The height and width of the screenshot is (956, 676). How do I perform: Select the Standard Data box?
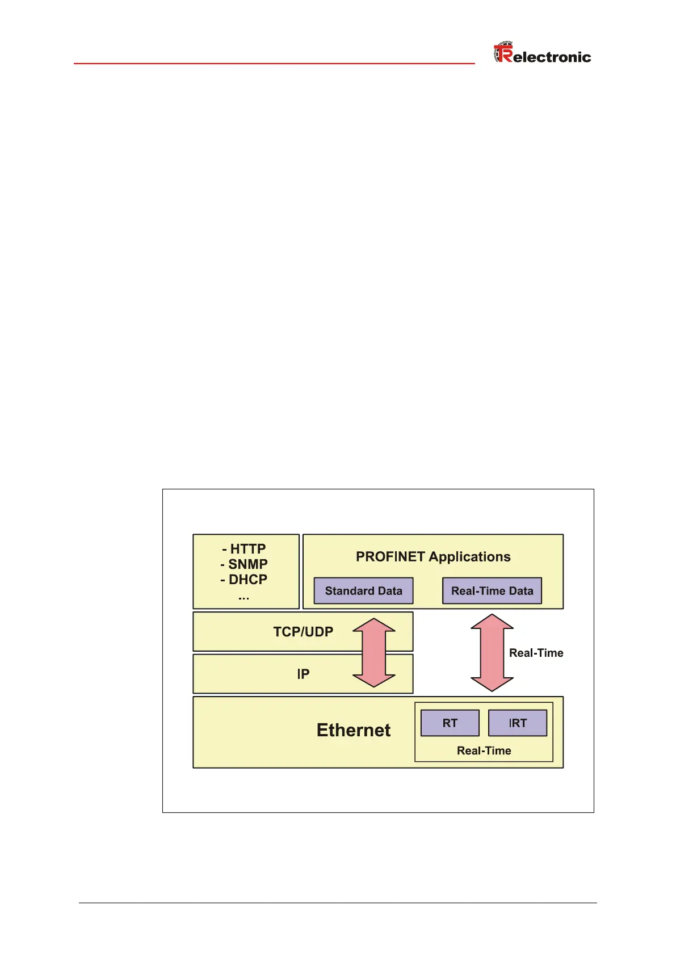tap(363, 591)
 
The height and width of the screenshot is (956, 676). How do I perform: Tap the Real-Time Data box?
tap(492, 591)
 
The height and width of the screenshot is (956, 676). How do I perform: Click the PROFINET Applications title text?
tap(433, 557)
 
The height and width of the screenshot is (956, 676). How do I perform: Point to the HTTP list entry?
tap(244, 549)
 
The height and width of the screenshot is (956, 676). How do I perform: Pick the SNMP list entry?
tap(244, 564)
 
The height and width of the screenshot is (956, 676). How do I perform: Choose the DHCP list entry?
tap(244, 580)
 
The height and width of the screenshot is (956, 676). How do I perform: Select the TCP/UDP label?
tap(303, 632)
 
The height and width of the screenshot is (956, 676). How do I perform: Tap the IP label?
tap(303, 674)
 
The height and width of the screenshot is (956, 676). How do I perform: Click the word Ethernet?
tap(353, 730)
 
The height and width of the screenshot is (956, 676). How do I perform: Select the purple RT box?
tap(450, 723)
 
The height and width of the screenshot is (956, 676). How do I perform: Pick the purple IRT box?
tap(517, 723)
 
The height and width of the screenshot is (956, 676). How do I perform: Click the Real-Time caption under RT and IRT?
tap(484, 750)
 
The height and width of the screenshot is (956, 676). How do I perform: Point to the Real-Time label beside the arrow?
tap(536, 653)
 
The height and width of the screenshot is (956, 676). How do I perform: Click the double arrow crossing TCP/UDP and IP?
tap(374, 653)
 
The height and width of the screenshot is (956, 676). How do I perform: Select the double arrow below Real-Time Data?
tap(492, 653)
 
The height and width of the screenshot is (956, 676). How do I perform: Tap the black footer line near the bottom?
tap(338, 903)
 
